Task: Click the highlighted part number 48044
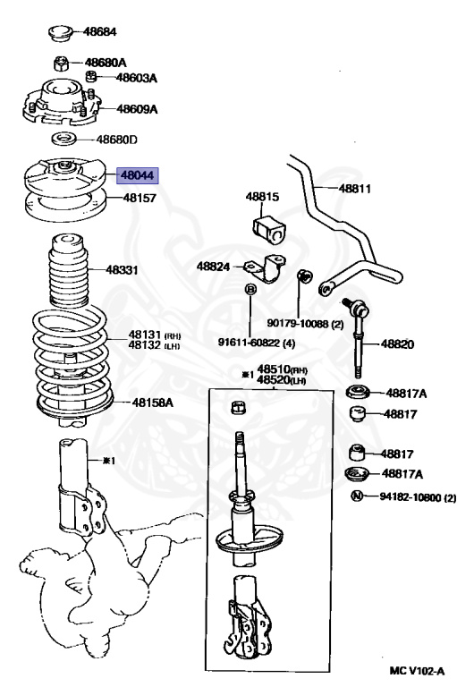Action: [x=137, y=175]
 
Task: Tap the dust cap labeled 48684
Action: [x=60, y=33]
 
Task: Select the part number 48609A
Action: [x=137, y=108]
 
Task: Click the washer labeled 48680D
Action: [x=64, y=140]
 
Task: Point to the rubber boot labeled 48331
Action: [x=67, y=270]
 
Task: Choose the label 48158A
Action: [x=152, y=402]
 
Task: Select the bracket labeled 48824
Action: [x=264, y=268]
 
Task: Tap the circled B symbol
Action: [x=250, y=289]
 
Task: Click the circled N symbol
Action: [x=357, y=496]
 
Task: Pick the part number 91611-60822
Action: [x=249, y=342]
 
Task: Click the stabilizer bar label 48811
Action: [x=354, y=189]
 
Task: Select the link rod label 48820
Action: [x=397, y=343]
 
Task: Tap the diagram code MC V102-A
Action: [x=417, y=671]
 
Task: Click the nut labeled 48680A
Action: [x=61, y=64]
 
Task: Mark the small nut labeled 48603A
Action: [x=90, y=76]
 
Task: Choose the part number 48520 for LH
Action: [x=274, y=379]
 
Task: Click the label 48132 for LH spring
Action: [x=144, y=345]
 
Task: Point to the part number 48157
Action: [x=140, y=198]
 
